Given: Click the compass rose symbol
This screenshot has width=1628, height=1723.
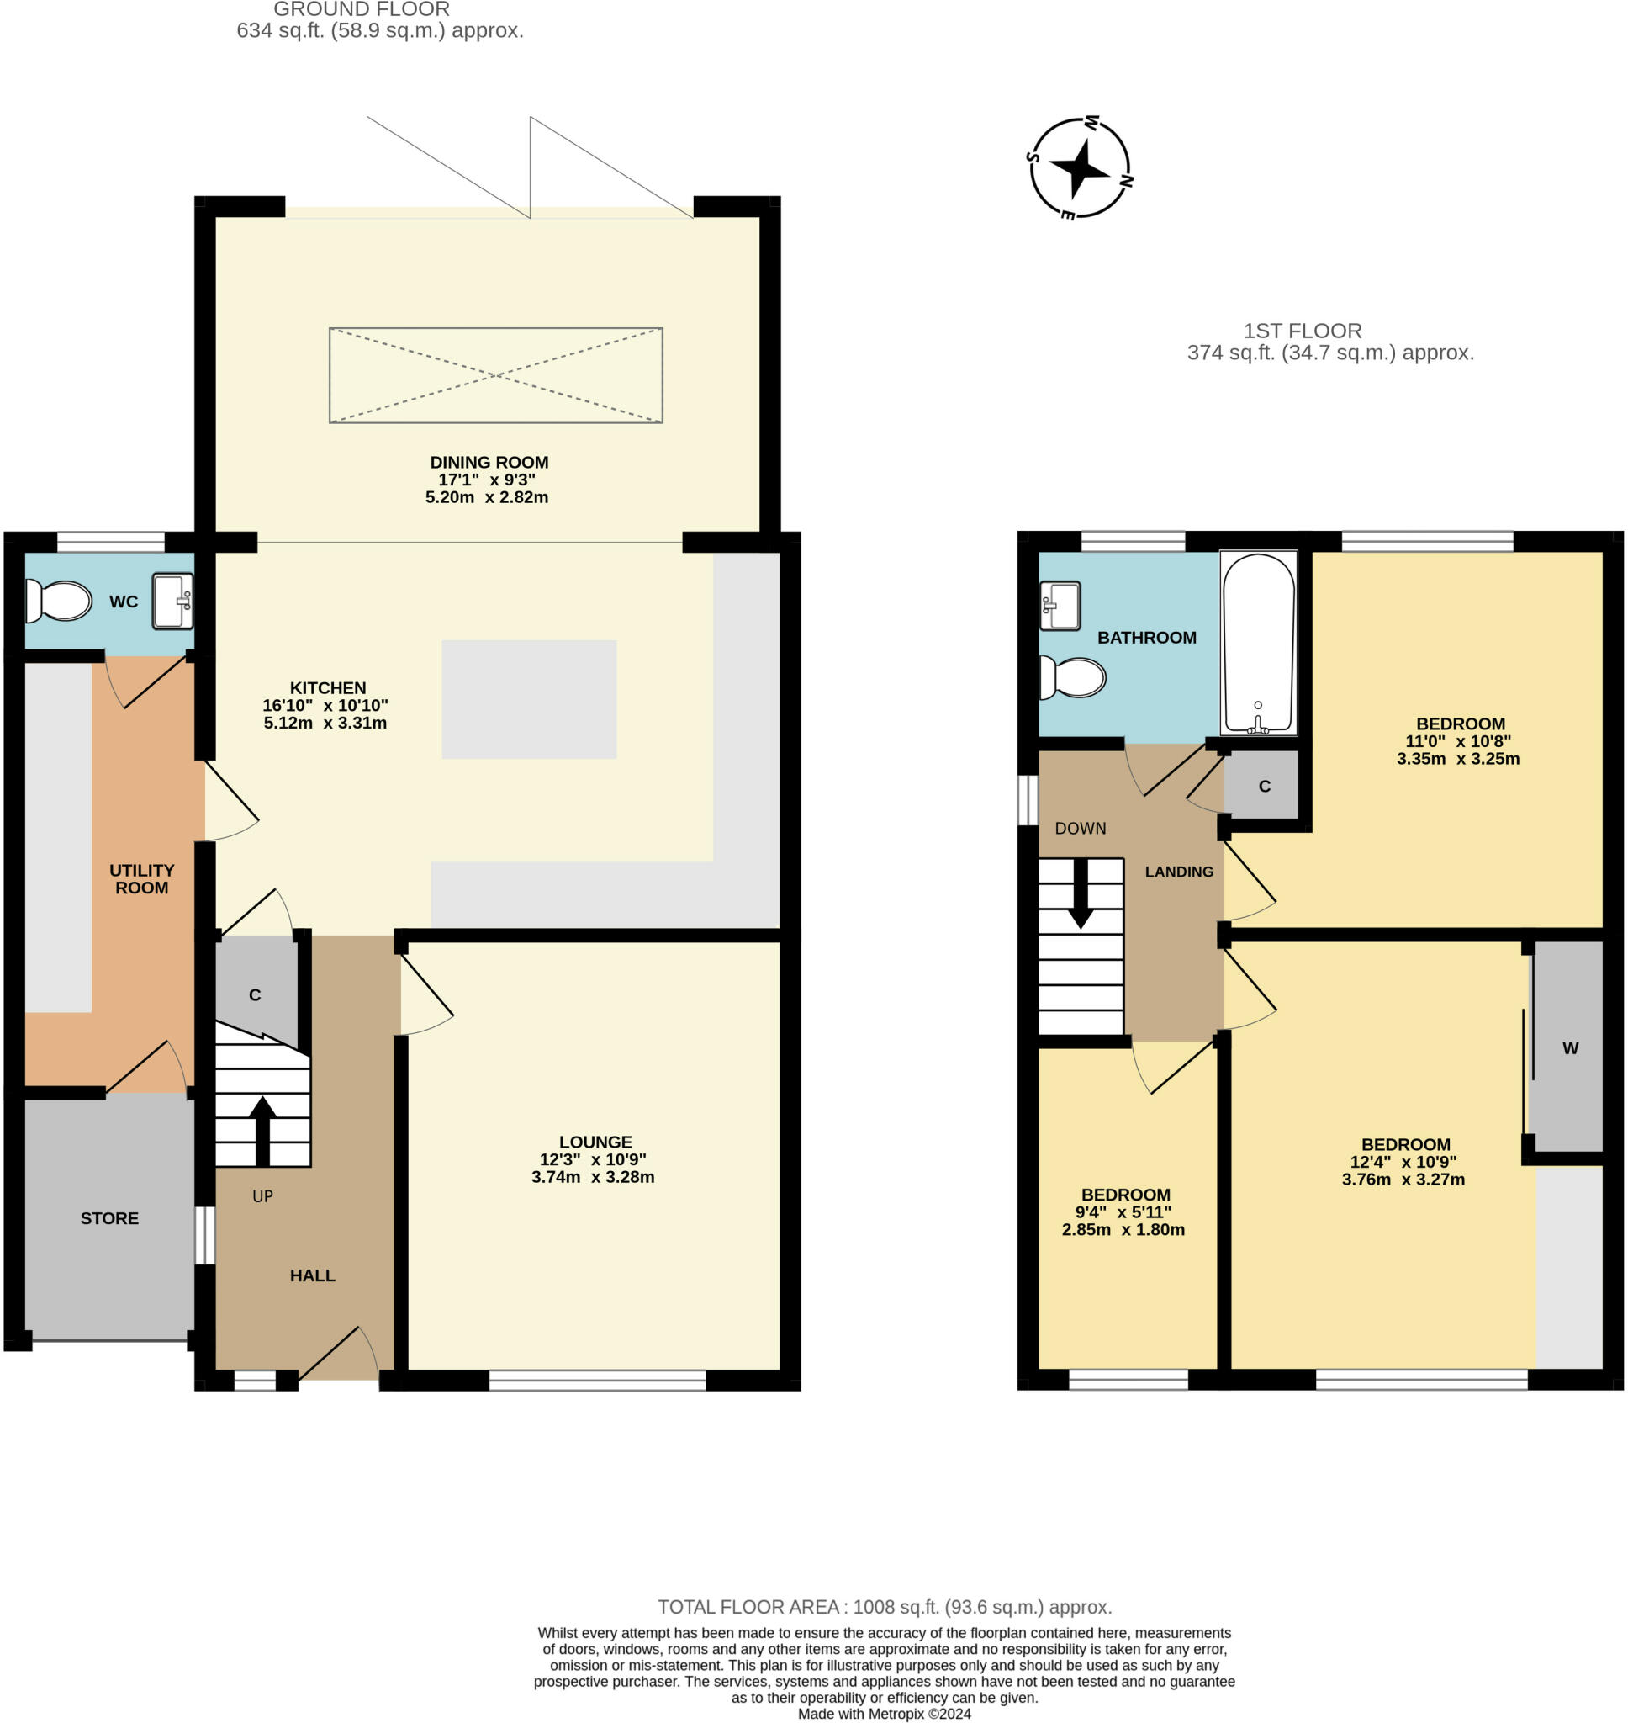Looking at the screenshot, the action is coord(1081,167).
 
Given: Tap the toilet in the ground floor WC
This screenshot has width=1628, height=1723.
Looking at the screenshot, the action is coord(58,601).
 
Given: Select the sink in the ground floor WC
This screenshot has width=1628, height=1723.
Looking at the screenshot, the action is coord(172,600).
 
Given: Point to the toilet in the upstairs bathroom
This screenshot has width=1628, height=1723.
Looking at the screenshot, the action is coord(1073,677).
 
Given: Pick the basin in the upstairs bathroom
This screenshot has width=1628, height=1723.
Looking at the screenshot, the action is coord(1060,605).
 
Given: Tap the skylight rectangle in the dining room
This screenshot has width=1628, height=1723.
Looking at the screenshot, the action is coord(495,375).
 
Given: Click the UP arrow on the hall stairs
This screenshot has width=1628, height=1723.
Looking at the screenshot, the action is coord(262,1131).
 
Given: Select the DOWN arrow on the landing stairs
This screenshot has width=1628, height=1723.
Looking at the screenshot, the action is coord(1081,893).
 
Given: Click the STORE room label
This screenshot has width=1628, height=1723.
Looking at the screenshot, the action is coord(109,1218).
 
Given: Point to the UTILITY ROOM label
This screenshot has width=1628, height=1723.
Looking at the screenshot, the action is coord(141,878).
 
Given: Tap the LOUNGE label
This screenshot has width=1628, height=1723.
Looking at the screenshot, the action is coord(595,1142).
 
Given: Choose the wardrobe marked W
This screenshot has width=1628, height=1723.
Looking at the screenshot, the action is coord(1567,1047).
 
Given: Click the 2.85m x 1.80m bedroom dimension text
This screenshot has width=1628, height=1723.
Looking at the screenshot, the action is coord(1123,1229).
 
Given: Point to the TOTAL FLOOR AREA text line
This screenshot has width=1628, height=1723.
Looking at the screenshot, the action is coord(885,1607).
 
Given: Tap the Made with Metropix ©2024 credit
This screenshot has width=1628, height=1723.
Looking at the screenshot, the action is coord(885,1714).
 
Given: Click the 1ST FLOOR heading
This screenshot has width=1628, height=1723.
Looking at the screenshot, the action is coord(1303,331).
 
